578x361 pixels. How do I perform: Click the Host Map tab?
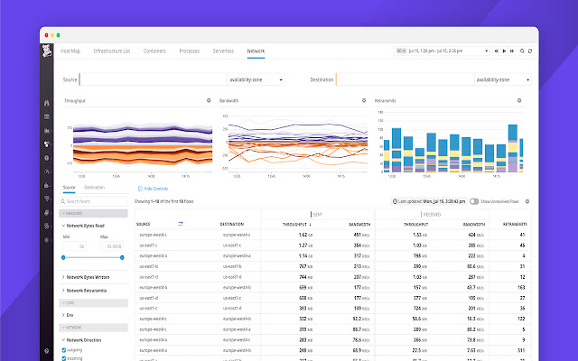70,51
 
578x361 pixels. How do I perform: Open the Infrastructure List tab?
112,51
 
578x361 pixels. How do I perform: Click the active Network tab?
256,51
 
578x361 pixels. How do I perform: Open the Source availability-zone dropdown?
255,79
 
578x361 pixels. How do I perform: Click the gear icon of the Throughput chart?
209,100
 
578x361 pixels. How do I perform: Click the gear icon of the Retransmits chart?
519,100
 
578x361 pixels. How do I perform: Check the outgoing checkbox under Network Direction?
64,347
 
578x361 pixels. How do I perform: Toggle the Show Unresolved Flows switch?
476,201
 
